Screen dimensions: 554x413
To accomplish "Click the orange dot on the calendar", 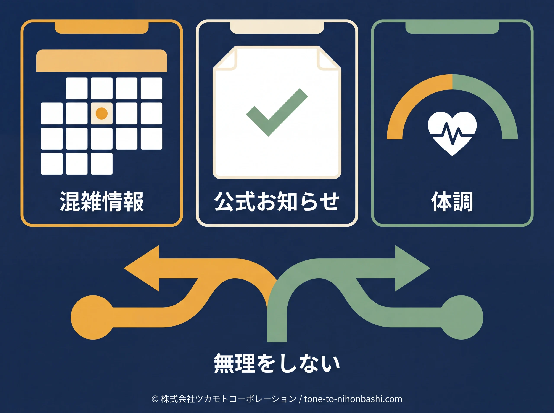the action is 102,113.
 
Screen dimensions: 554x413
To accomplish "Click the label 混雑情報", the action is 102,201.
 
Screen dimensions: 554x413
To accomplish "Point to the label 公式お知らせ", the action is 277,201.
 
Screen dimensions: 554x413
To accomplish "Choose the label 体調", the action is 452,201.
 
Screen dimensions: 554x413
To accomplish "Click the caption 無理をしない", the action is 277,363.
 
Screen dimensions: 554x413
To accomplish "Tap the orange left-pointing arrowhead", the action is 142,268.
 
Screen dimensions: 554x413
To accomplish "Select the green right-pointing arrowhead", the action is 412,268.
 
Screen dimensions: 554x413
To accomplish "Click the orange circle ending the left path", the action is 93,317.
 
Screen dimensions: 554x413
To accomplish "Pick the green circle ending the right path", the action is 461,317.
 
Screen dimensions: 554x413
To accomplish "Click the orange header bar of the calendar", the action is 102,61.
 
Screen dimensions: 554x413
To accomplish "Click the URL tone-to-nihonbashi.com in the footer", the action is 353,399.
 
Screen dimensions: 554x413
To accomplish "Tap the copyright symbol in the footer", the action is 155,399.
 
